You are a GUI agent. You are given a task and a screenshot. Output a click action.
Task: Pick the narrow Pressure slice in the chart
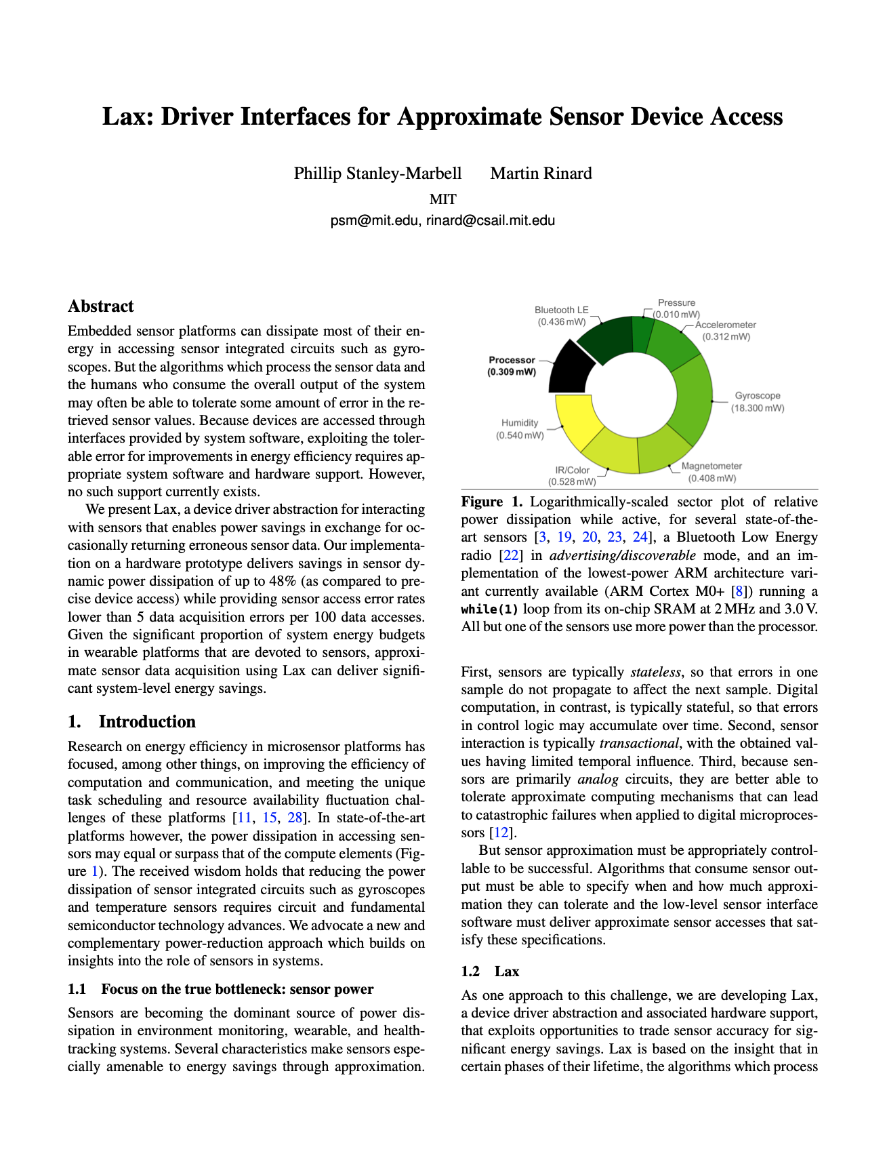(x=642, y=334)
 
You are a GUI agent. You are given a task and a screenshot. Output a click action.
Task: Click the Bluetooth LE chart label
(x=561, y=310)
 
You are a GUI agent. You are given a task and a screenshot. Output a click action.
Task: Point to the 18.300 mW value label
(x=757, y=408)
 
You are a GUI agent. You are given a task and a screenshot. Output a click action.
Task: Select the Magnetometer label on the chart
(x=711, y=466)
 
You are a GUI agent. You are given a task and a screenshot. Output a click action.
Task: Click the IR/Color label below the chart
(x=572, y=470)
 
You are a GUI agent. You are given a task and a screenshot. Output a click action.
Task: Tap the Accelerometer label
(x=725, y=325)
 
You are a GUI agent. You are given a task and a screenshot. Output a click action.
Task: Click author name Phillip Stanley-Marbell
(x=377, y=174)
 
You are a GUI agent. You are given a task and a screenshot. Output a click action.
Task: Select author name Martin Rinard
(x=541, y=174)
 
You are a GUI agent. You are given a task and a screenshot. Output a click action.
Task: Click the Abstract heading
(x=101, y=306)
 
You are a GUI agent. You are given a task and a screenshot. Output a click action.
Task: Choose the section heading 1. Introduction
(x=131, y=721)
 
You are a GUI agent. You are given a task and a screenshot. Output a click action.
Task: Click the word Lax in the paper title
(x=125, y=117)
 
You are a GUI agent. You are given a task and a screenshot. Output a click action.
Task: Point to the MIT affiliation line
(x=443, y=199)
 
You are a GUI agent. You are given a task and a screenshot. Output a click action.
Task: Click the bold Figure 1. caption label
(x=492, y=502)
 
